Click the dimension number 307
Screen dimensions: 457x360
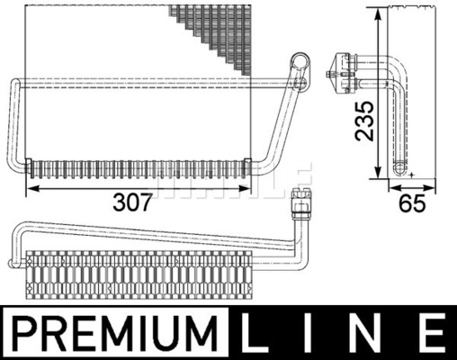[132, 202]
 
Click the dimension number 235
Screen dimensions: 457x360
[365, 121]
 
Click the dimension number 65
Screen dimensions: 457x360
[412, 202]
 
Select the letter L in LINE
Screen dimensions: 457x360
[254, 333]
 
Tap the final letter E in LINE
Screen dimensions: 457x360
[431, 333]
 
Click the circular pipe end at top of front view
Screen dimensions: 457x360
[300, 62]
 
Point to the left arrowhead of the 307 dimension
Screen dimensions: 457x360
[32, 189]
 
